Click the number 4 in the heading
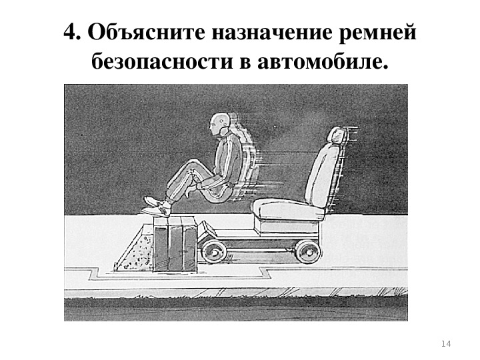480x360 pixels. tap(70, 32)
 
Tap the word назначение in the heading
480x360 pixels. tap(271, 33)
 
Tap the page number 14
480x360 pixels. tap(446, 344)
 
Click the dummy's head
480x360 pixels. tap(219, 124)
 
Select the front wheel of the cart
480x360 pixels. tap(214, 252)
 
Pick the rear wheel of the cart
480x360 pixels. tap(307, 251)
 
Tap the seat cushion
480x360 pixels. tap(288, 209)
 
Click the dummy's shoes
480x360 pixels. tap(156, 207)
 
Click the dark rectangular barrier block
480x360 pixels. tap(175, 244)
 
